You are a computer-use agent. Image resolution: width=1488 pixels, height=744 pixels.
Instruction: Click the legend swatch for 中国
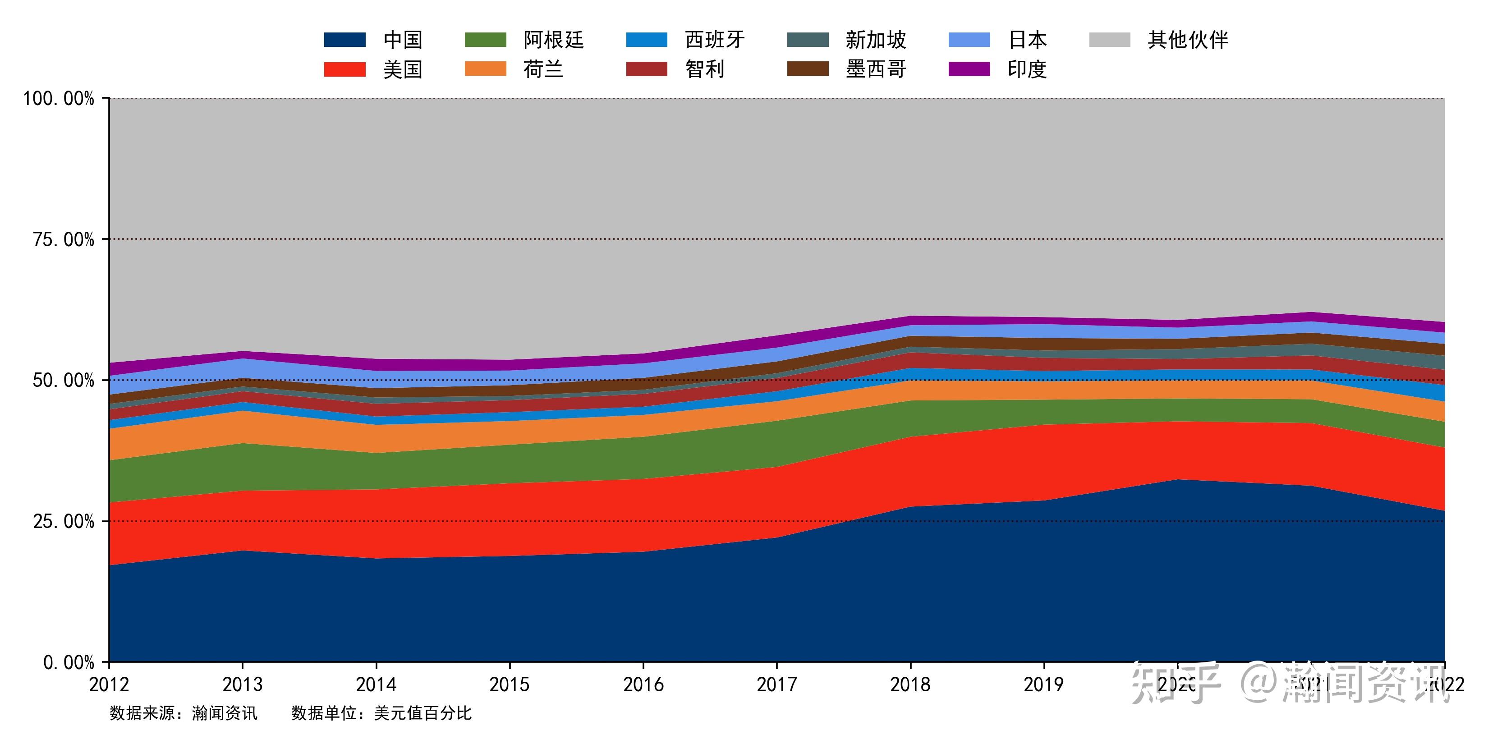[344, 40]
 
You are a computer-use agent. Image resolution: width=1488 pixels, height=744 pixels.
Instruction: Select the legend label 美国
[403, 70]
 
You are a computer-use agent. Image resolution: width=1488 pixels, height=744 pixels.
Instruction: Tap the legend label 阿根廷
[553, 40]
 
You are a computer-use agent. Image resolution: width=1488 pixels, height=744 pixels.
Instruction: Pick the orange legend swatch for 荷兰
[485, 69]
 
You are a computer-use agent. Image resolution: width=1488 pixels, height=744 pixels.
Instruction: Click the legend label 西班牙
[715, 40]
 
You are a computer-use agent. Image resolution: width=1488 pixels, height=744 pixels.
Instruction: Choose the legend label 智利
[705, 70]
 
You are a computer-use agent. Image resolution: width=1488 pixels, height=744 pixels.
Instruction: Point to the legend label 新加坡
[876, 40]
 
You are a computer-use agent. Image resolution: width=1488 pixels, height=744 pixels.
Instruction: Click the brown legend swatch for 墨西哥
[808, 69]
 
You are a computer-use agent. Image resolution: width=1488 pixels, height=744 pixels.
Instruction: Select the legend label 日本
[1027, 40]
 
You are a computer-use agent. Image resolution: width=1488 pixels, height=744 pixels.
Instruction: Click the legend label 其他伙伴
[1188, 40]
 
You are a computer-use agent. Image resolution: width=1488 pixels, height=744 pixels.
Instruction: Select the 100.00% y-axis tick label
[58, 98]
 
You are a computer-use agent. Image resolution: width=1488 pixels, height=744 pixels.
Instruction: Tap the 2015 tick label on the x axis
[509, 684]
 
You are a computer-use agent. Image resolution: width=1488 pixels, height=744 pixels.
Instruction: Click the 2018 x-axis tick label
[910, 684]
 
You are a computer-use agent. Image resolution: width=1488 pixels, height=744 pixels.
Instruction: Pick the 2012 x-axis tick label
[109, 684]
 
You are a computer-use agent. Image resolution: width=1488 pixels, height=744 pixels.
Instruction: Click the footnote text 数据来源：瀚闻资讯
[183, 713]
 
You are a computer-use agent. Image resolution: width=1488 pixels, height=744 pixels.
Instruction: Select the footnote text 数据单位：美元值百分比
[381, 713]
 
